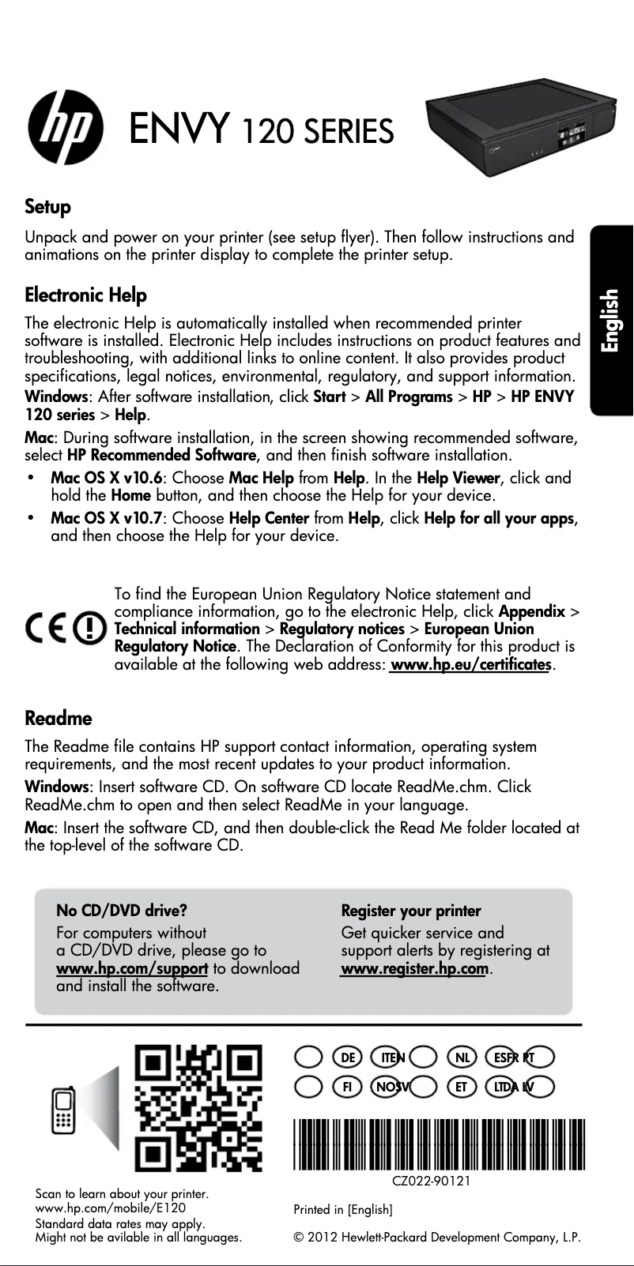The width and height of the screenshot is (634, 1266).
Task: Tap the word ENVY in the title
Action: [x=181, y=129]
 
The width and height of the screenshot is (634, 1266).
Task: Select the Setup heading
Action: [x=48, y=208]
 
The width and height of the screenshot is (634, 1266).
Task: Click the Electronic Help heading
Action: [x=86, y=296]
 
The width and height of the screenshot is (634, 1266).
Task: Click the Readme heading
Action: [x=58, y=719]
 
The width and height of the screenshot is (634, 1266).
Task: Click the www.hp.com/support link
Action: [x=132, y=968]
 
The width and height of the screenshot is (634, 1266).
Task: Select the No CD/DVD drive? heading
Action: [x=122, y=911]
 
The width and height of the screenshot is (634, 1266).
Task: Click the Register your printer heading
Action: [x=411, y=911]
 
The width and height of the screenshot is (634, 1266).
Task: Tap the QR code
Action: [x=198, y=1108]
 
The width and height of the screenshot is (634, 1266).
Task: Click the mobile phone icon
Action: [x=63, y=1110]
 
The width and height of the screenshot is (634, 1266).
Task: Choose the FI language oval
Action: [x=346, y=1087]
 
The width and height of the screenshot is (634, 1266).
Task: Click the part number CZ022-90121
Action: [x=432, y=1181]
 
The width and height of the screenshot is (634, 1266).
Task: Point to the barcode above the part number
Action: [x=439, y=1144]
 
